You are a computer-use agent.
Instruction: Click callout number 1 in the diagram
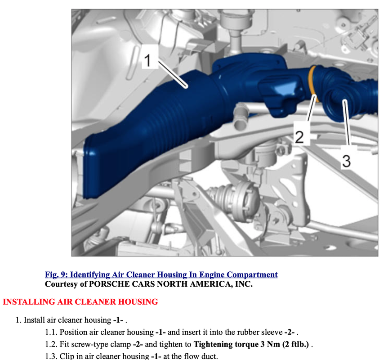[148, 60]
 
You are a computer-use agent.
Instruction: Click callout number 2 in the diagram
[299, 137]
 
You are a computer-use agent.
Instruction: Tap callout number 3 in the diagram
[347, 161]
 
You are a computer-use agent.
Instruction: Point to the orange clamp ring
[312, 84]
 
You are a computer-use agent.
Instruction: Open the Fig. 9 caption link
[161, 274]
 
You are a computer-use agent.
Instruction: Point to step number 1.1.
[51, 332]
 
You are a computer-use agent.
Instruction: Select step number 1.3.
[51, 356]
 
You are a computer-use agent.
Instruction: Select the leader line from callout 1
[173, 75]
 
